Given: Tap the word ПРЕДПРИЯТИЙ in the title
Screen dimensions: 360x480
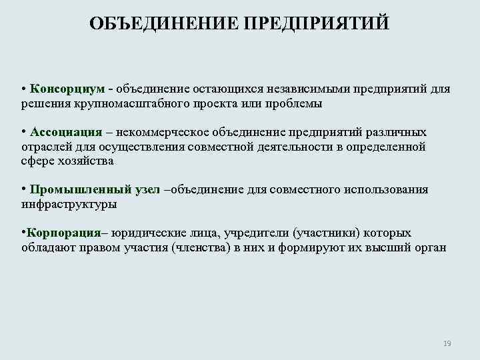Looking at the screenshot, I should click(x=316, y=24).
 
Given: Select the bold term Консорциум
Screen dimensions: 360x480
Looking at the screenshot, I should click(x=67, y=89).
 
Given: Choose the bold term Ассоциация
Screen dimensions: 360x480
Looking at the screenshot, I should click(x=65, y=132).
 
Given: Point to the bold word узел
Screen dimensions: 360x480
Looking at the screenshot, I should click(x=147, y=190).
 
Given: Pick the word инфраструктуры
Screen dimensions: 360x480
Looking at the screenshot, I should click(x=69, y=205).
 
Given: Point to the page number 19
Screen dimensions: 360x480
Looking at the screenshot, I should click(x=447, y=343).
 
